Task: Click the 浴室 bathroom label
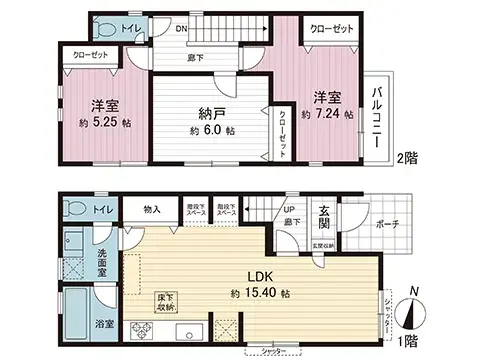(x=104, y=325)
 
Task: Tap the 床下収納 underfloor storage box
(x=165, y=301)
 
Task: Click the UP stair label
(x=289, y=210)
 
